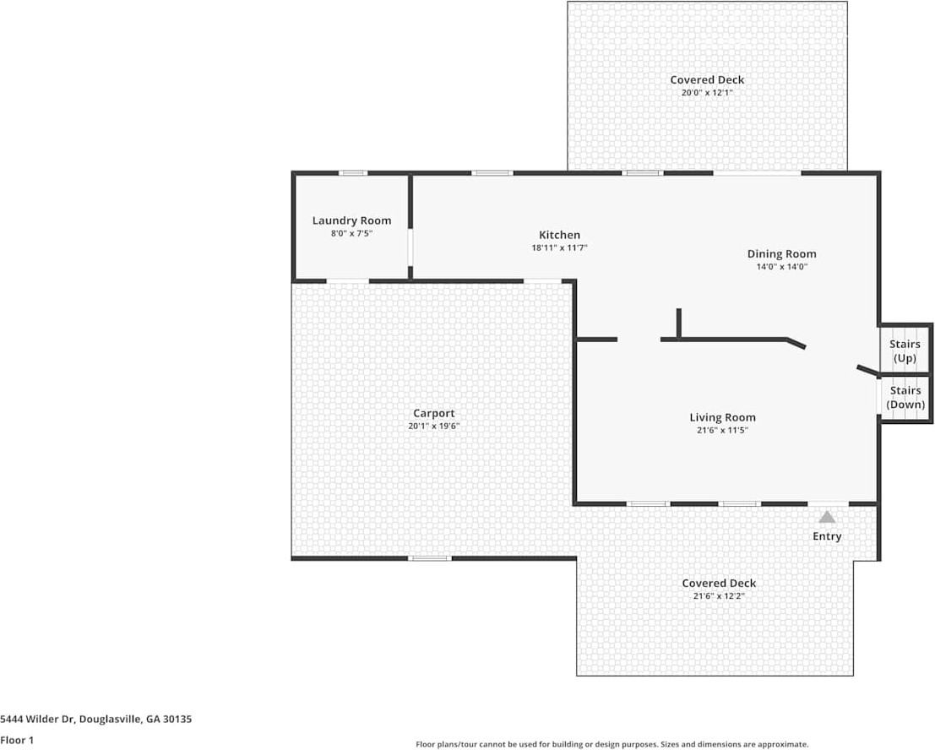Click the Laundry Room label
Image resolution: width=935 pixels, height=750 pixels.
click(x=351, y=220)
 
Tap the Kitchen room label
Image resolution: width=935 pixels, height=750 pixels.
click(x=559, y=235)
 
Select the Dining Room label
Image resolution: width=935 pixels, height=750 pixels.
click(x=781, y=253)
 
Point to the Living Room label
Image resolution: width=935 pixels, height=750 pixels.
click(x=722, y=417)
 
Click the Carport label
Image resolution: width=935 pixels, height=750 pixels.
click(x=433, y=413)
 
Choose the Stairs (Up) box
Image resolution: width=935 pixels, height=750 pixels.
click(x=905, y=351)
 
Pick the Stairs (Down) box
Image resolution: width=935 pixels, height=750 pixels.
click(x=905, y=398)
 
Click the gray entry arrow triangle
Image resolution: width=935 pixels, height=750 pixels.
click(x=827, y=517)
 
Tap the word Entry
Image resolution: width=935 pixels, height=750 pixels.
click(x=827, y=536)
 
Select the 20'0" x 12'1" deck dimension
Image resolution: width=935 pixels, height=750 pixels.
click(x=707, y=93)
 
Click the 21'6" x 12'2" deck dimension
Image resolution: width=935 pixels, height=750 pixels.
click(x=719, y=595)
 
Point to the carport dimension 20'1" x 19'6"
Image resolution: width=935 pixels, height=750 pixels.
click(x=433, y=427)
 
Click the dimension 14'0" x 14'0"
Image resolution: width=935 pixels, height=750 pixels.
click(x=781, y=267)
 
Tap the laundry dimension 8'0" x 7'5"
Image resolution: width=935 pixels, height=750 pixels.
click(x=351, y=233)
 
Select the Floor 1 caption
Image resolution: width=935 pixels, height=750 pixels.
click(x=16, y=740)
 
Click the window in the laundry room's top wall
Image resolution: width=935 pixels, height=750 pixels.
click(x=353, y=173)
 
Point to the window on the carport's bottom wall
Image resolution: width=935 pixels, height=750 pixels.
click(x=429, y=558)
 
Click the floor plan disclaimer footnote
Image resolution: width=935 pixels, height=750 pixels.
click(x=612, y=744)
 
